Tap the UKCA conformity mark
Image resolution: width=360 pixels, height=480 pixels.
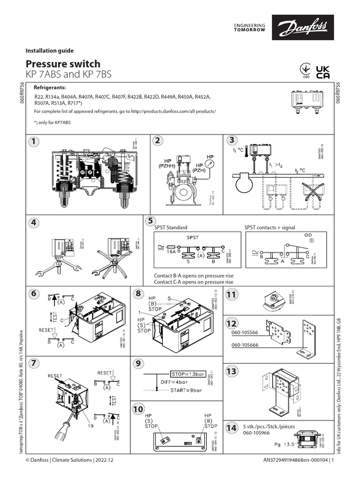click(323, 72)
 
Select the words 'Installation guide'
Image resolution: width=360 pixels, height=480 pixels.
click(49, 50)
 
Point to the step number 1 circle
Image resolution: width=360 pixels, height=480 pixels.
click(33, 141)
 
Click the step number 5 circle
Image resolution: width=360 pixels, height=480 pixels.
click(150, 221)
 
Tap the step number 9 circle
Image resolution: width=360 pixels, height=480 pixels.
click(138, 363)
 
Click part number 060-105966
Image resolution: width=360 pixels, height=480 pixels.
click(256, 434)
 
